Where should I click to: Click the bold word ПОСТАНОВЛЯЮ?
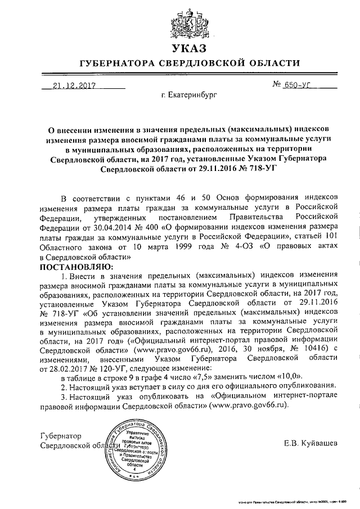[76, 265]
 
